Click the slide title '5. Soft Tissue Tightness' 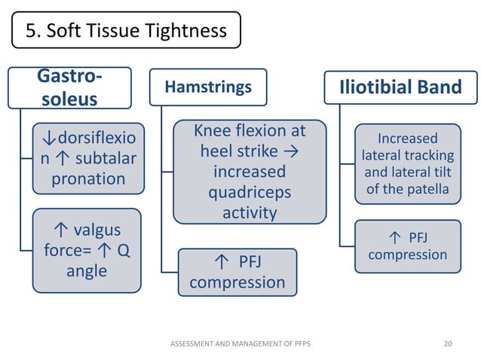[126, 31]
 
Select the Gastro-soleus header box [69, 87]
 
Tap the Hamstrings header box [207, 87]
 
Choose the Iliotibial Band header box [401, 87]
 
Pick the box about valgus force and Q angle [87, 250]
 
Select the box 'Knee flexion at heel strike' [250, 171]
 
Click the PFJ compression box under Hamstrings [237, 272]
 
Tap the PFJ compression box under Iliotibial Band [407, 246]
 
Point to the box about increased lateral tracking [407, 163]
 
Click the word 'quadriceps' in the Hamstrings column [250, 193]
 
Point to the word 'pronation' [88, 179]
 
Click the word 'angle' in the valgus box [87, 270]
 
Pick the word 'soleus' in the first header [69, 99]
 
